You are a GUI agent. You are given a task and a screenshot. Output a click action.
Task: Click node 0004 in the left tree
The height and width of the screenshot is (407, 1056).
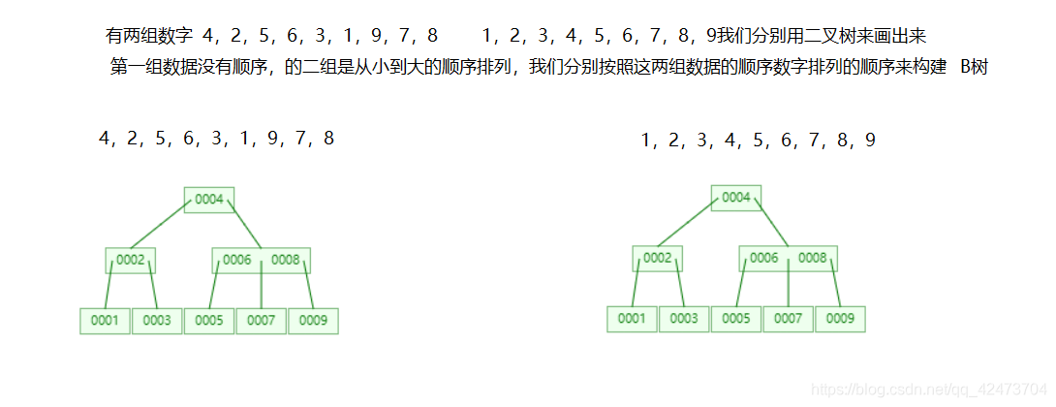click(x=209, y=200)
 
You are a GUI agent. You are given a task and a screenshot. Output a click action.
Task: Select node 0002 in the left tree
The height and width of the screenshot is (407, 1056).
click(x=131, y=260)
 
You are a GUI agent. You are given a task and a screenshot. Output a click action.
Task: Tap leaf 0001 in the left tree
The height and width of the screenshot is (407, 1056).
click(x=105, y=321)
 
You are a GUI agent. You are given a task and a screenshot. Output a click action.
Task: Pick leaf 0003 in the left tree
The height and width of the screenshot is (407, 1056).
click(x=157, y=321)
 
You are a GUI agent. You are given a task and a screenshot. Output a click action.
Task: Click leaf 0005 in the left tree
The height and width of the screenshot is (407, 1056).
click(x=209, y=321)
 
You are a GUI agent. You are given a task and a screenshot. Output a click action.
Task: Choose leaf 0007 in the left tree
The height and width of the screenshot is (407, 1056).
click(x=262, y=321)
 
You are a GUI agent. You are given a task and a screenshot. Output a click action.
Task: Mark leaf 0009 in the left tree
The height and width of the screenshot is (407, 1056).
click(x=313, y=321)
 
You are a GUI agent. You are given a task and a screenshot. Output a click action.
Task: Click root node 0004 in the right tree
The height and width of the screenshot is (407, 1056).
click(x=736, y=198)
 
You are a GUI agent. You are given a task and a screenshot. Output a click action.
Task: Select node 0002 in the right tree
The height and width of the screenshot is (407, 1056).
click(x=658, y=258)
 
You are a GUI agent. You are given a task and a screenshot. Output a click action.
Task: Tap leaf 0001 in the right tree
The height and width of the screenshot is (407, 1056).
click(x=632, y=319)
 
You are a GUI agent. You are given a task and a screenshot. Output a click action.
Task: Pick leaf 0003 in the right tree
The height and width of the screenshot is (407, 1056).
click(x=684, y=319)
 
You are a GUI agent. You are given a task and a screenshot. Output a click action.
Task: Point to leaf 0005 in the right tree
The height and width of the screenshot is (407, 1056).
click(x=736, y=319)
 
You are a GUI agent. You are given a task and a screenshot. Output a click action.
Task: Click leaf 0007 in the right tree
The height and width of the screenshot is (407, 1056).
click(x=789, y=319)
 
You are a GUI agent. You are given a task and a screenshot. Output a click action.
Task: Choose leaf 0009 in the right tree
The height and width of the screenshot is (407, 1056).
click(x=840, y=319)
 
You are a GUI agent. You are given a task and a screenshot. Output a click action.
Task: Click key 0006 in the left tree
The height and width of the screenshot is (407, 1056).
click(x=237, y=260)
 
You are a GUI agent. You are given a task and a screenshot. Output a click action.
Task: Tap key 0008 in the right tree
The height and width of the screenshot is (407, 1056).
click(x=812, y=258)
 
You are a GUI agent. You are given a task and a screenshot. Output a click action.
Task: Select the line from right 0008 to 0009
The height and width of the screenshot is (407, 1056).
click(x=835, y=288)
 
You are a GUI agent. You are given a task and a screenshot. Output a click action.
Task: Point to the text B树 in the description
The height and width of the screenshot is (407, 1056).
click(x=973, y=68)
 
